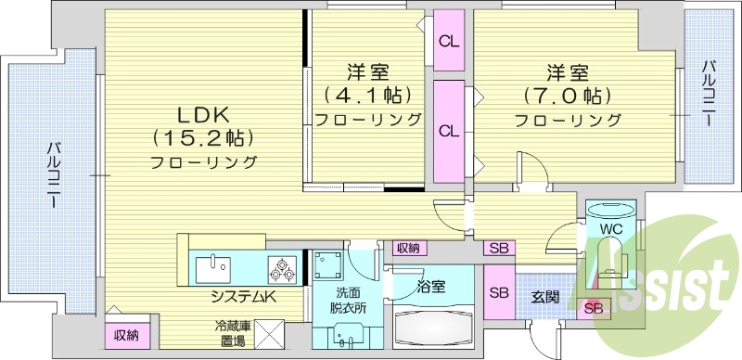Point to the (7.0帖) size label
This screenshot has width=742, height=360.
click(x=569, y=96)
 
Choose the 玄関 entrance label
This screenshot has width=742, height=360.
click(x=544, y=297)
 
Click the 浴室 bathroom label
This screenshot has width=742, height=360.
click(x=431, y=287)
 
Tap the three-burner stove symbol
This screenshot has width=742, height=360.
click(x=283, y=270)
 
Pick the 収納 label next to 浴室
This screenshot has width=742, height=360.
click(x=407, y=248)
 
